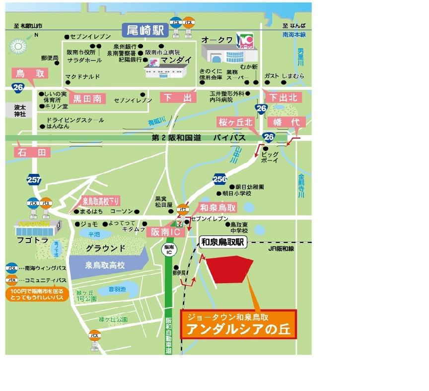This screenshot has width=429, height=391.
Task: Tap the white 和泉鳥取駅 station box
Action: tap(223, 242)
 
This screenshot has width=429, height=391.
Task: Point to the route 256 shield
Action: tap(219, 179)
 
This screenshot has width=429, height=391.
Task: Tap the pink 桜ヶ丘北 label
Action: tap(235, 122)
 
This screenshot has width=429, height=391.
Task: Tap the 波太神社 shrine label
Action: tap(19, 110)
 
